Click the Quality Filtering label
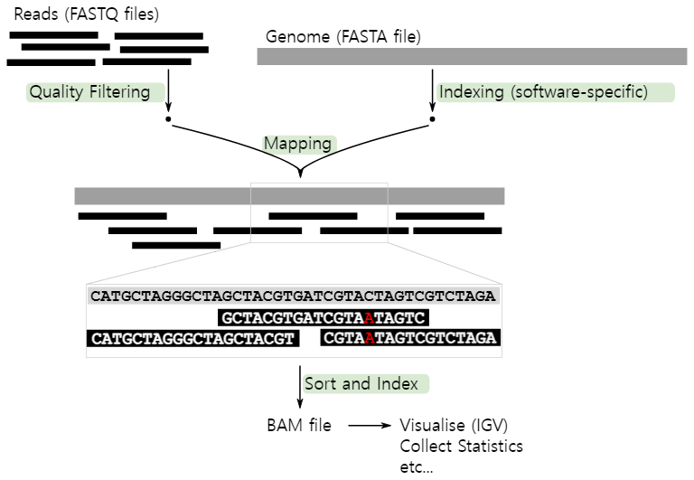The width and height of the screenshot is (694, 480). (95, 92)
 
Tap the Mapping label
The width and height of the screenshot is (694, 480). (299, 144)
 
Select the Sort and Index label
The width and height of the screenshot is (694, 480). (366, 383)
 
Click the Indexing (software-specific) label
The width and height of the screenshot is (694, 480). (555, 92)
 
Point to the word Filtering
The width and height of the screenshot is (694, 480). (119, 92)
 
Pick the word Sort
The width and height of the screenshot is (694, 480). (320, 383)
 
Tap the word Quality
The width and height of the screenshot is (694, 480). (56, 92)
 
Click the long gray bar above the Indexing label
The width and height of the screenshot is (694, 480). (472, 56)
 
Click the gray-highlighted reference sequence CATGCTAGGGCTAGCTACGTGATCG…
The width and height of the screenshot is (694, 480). (293, 296)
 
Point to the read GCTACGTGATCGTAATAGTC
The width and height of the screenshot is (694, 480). (323, 318)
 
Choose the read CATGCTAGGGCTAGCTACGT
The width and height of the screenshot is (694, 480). (192, 339)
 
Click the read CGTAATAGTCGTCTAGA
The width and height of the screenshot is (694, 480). (409, 339)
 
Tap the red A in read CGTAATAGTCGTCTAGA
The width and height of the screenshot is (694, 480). (370, 339)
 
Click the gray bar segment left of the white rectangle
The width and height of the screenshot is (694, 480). (162, 196)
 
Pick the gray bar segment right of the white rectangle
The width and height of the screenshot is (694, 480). (445, 196)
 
